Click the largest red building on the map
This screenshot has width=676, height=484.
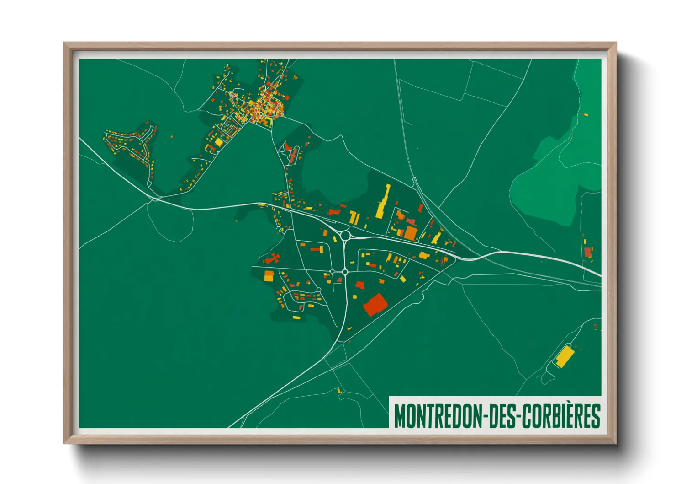click(x=375, y=305)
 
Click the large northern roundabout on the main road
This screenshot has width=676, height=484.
click(x=345, y=236)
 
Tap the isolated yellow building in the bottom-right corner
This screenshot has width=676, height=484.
click(x=564, y=356)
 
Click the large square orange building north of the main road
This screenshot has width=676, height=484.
click(x=410, y=233)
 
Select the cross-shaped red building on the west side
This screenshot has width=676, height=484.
click(x=272, y=258)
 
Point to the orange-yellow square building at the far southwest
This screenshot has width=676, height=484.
click(x=269, y=275)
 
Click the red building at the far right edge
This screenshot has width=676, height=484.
click(x=587, y=252)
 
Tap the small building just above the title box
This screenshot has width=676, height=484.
click(x=339, y=391)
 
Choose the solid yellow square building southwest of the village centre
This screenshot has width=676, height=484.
click(x=219, y=142)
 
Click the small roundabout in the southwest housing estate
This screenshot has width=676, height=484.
click(x=318, y=290)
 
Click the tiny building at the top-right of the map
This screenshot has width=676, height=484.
click(x=585, y=114)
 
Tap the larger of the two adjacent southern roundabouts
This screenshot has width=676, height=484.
click(x=345, y=272)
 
